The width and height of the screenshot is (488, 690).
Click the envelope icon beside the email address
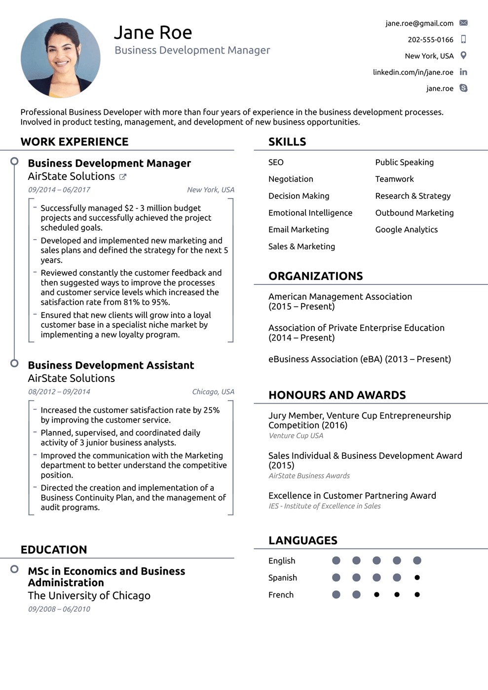pos(463,23)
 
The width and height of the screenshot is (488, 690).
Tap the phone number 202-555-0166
pos(430,39)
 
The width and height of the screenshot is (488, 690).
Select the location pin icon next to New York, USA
pos(463,55)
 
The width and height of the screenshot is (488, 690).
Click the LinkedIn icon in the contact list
pos(463,72)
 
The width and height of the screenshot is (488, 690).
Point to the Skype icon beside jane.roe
pos(463,88)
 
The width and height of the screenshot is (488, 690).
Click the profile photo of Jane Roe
pos(61,58)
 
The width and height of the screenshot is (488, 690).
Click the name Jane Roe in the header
pos(153,33)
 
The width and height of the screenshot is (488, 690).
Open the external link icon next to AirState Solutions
pos(123,177)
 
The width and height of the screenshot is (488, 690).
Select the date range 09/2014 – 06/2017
pos(59,190)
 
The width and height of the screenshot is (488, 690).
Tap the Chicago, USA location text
pos(213,392)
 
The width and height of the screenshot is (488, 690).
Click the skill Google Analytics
pos(406,230)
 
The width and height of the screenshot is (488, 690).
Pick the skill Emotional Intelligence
pos(310,213)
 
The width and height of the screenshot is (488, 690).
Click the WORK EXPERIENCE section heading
pos(75,142)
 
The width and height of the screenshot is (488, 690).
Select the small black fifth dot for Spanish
pos(417,578)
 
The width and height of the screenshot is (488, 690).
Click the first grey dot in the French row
pos(337,594)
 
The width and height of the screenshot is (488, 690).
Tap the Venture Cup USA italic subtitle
pos(296,436)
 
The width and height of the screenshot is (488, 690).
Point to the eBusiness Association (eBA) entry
pos(359,359)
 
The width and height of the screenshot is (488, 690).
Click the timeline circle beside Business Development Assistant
pos(14,363)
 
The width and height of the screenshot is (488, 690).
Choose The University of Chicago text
pos(89,595)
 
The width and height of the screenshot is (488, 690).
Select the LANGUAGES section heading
pos(302,541)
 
